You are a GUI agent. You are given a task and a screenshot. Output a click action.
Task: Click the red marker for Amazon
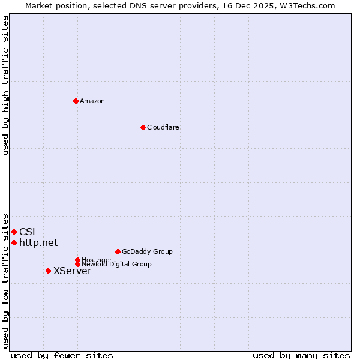click(x=76, y=101)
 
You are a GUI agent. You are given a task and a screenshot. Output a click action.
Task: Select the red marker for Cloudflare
click(x=143, y=127)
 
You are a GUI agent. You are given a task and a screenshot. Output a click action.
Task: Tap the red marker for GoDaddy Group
click(x=118, y=251)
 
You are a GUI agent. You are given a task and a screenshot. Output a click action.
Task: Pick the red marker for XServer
click(x=48, y=271)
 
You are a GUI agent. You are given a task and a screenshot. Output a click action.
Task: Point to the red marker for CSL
click(x=14, y=232)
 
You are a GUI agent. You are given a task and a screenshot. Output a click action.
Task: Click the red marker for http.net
click(x=14, y=242)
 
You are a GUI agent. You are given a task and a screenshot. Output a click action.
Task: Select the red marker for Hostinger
click(x=77, y=260)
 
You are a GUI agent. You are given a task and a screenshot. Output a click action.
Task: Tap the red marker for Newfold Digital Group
click(x=77, y=264)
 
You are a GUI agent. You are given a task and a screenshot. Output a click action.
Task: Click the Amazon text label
click(x=92, y=101)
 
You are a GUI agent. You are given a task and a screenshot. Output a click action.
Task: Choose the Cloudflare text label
click(x=163, y=127)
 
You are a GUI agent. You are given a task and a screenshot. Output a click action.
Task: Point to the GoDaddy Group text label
click(x=147, y=251)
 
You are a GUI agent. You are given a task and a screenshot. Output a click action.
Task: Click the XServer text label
click(x=72, y=271)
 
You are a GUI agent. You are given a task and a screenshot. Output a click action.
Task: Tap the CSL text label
click(x=28, y=232)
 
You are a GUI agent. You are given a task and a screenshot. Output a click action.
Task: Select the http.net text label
click(x=38, y=242)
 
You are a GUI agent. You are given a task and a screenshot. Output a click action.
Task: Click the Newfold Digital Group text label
click(x=116, y=265)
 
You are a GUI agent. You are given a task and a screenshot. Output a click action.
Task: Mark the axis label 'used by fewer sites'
click(x=62, y=355)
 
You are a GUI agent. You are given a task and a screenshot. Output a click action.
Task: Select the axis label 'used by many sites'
click(x=301, y=355)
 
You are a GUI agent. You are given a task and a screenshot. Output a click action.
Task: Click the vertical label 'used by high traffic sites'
click(x=5, y=85)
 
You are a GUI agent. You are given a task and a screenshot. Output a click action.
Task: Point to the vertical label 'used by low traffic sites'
click(x=5, y=280)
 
